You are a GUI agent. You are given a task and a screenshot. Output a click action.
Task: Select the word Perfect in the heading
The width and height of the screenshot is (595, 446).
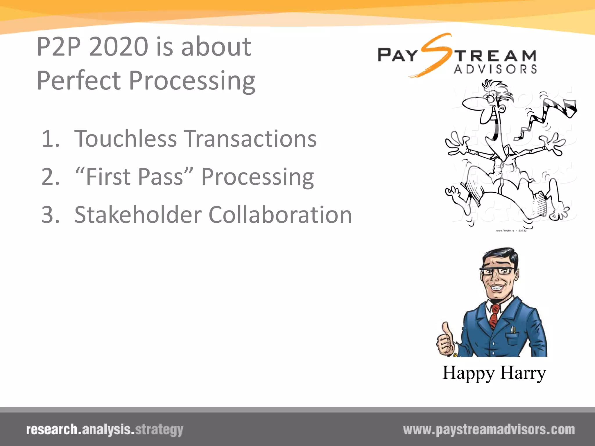[79, 80]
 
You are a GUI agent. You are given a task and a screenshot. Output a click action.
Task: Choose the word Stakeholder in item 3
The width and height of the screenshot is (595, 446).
[138, 215]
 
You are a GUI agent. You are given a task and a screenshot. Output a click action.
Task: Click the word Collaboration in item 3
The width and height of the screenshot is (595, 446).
[280, 215]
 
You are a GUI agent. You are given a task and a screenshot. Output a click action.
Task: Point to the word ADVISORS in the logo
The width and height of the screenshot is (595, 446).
[496, 69]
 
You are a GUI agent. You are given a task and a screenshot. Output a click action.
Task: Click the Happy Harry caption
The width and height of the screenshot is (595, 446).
[494, 373]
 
